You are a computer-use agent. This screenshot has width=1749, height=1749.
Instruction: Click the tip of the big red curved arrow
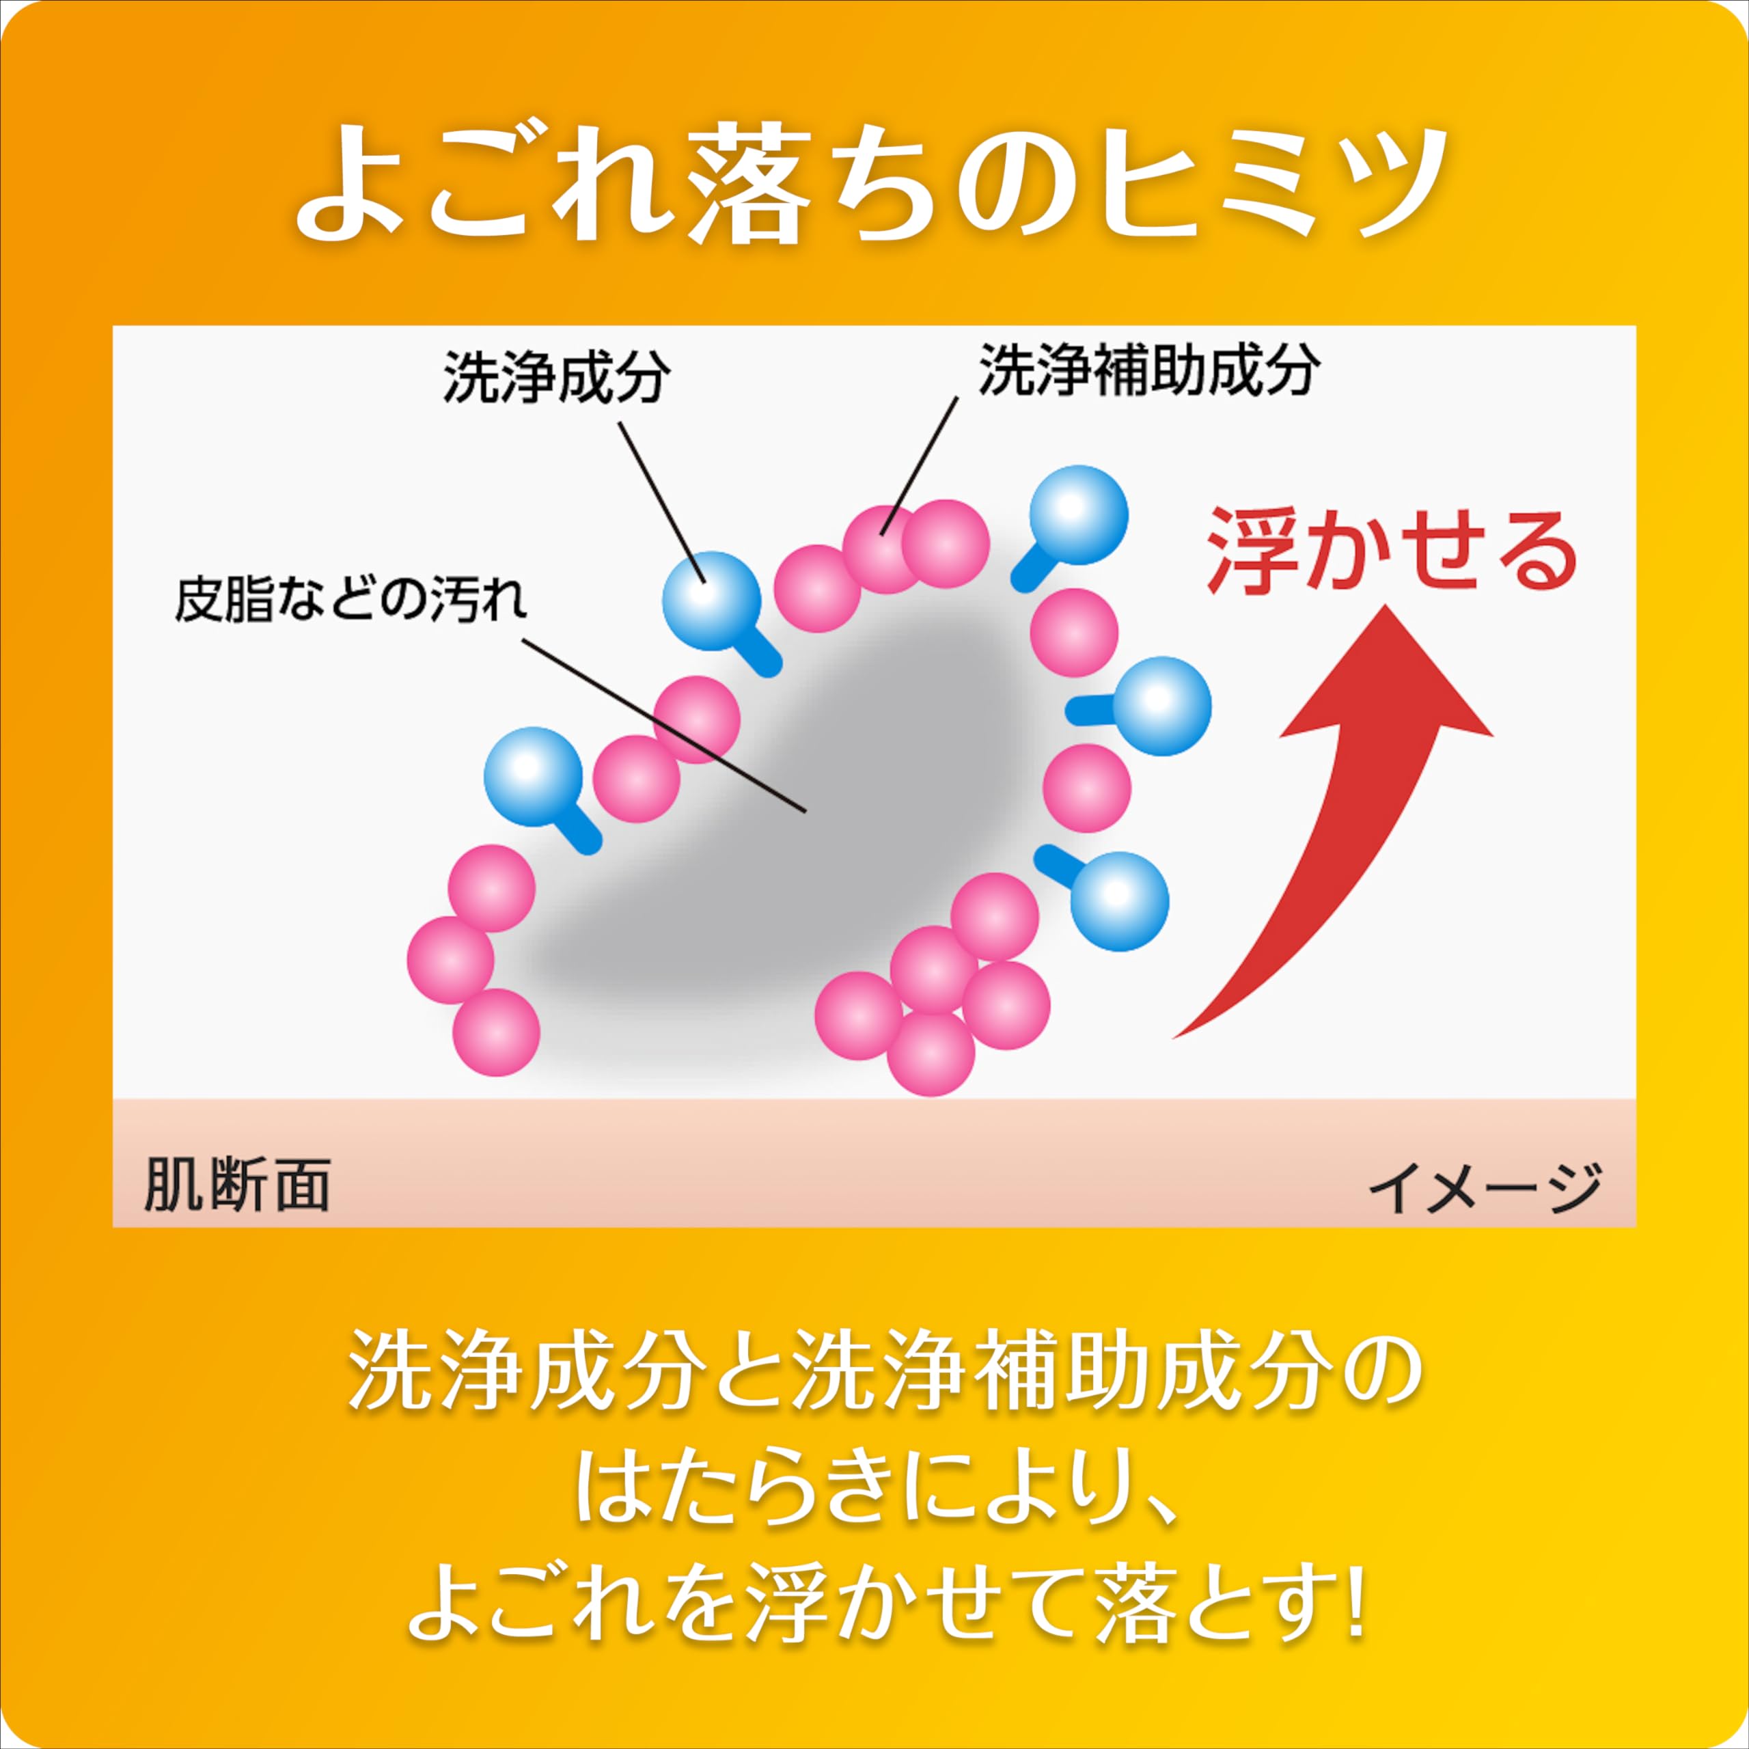1386,607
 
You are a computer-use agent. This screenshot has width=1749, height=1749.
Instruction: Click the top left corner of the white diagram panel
113,326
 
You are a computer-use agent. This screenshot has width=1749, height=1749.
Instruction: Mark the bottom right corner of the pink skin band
1636,1226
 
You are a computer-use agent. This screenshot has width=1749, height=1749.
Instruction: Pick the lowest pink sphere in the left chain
496,1032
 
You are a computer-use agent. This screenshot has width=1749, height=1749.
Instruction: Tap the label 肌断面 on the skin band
236,1183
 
